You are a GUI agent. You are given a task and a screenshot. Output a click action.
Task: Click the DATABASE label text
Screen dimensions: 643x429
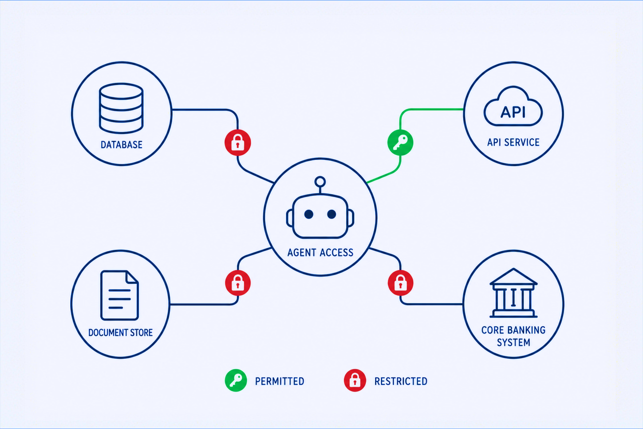(121, 144)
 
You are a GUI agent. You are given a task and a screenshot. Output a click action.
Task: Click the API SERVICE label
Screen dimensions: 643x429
(513, 142)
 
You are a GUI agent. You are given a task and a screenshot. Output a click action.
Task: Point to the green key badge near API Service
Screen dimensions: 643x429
(400, 143)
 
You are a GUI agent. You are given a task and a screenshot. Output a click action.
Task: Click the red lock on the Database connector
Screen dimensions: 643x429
(238, 143)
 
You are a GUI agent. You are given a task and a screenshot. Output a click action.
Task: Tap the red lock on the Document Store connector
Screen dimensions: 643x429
(238, 283)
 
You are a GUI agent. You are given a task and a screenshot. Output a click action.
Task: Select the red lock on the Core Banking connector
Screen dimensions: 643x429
(401, 283)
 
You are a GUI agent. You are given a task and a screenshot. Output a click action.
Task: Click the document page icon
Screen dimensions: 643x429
(119, 295)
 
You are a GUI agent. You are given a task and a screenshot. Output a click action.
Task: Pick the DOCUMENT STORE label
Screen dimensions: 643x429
(120, 332)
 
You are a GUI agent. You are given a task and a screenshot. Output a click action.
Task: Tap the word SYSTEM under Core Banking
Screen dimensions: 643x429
(513, 343)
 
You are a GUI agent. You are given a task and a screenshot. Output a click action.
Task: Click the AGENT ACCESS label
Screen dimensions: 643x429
(320, 252)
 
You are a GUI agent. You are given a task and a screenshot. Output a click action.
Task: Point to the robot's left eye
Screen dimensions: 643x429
(309, 214)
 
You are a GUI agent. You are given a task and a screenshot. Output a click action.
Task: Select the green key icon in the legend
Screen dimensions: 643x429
(236, 381)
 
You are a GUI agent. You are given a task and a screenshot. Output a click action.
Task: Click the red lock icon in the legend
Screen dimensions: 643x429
(355, 381)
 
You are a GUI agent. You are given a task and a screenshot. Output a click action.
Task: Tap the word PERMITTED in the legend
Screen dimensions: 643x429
(279, 381)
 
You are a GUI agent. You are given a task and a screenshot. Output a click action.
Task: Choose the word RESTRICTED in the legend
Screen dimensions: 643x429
(401, 381)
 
